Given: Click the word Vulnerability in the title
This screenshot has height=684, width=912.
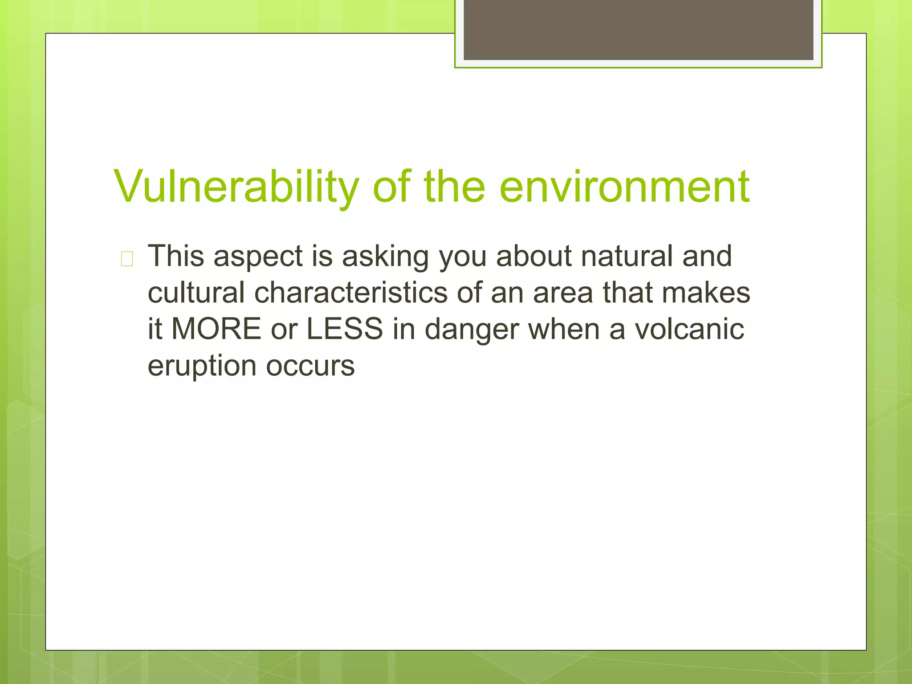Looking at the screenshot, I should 236,187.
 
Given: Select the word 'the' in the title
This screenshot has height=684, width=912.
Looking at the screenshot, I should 454,187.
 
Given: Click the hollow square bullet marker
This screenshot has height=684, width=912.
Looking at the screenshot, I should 127,259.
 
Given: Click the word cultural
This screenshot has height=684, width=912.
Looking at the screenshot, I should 196,293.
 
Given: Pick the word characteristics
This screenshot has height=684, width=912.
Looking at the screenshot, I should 351,293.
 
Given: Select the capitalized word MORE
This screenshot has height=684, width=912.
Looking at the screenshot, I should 216,329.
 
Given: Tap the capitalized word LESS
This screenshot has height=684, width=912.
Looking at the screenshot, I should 345,329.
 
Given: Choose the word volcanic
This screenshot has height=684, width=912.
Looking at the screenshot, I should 689,329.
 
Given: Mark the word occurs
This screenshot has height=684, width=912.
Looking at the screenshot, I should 310,366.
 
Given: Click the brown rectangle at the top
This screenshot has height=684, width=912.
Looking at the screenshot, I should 638,29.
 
